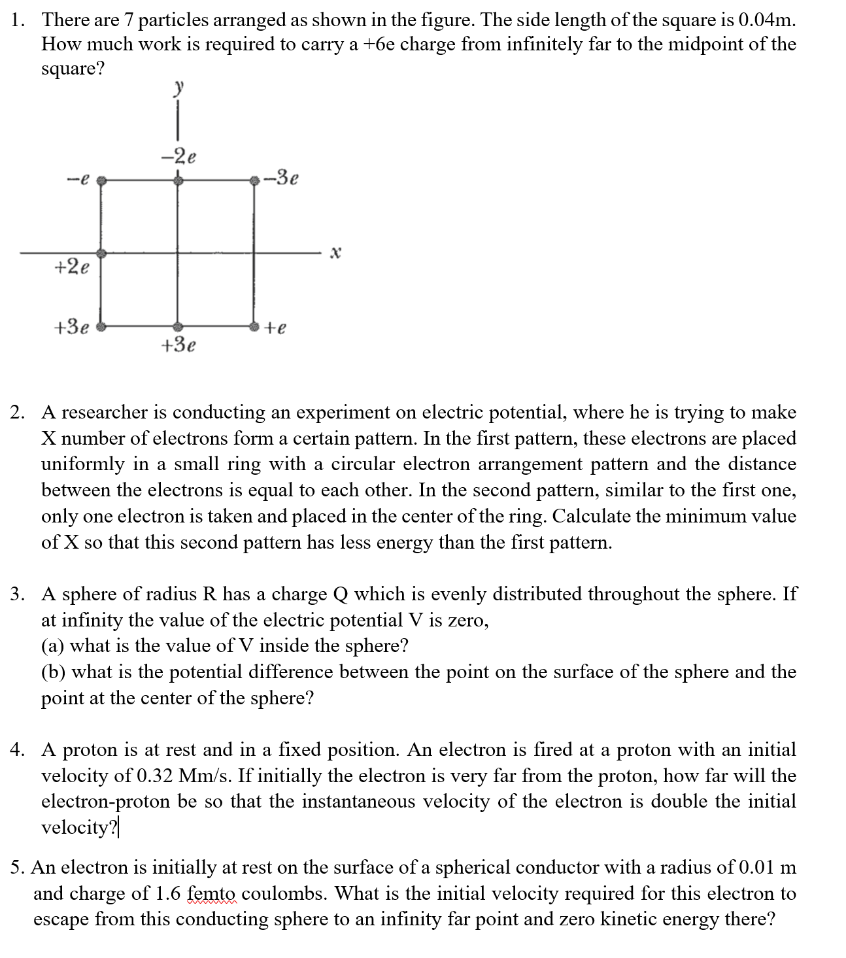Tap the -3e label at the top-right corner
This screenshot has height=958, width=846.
click(284, 177)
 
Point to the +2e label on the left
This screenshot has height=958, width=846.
click(72, 267)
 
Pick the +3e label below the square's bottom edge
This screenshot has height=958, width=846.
click(178, 345)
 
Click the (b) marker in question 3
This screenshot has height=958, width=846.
click(53, 672)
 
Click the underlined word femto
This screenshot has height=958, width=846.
click(214, 894)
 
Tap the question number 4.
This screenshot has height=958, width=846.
click(17, 750)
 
